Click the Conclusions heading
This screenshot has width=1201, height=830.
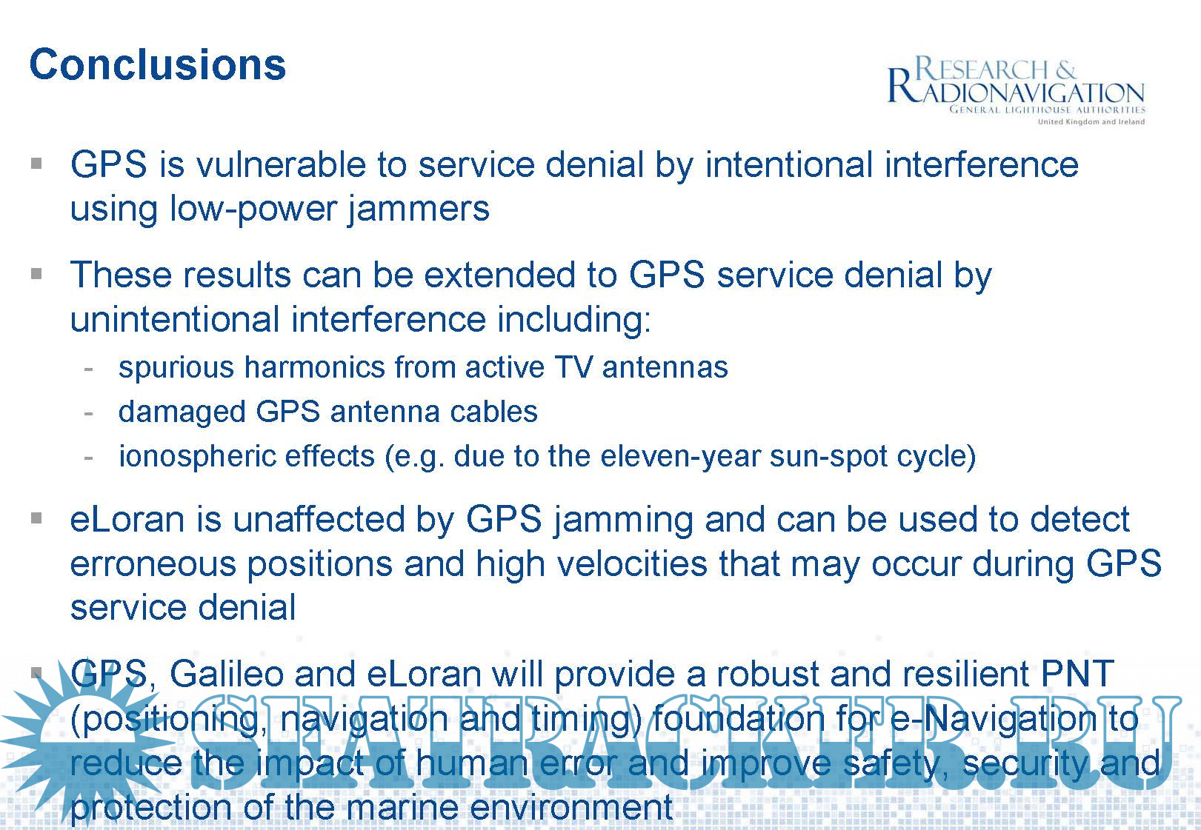pyautogui.click(x=158, y=65)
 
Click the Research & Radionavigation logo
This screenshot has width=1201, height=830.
pyautogui.click(x=1017, y=90)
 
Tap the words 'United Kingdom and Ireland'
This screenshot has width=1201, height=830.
pyautogui.click(x=1091, y=121)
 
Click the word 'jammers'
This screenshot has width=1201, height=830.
pyautogui.click(x=419, y=210)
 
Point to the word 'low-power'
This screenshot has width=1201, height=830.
pyautogui.click(x=253, y=210)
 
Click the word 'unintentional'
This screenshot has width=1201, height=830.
pyautogui.click(x=175, y=320)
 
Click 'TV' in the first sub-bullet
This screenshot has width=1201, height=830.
pyautogui.click(x=574, y=367)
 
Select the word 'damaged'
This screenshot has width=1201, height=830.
pyautogui.click(x=182, y=413)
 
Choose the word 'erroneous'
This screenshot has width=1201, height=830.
pyautogui.click(x=153, y=565)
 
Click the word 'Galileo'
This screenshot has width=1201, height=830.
pyautogui.click(x=226, y=674)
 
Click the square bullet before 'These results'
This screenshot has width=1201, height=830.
pyautogui.click(x=36, y=275)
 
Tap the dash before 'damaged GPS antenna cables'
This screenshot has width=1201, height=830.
pyautogui.click(x=89, y=414)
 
